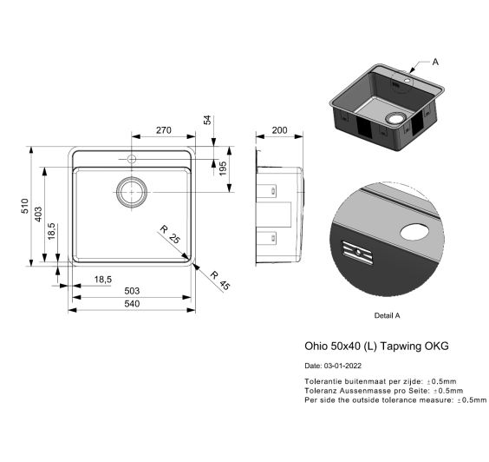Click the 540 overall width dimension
pyautogui.click(x=132, y=304)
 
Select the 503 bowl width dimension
pyautogui.click(x=132, y=291)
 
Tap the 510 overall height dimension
pyautogui.click(x=24, y=206)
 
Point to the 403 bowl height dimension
pyautogui.click(x=38, y=214)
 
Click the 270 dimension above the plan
pyautogui.click(x=163, y=130)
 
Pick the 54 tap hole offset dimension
pyautogui.click(x=207, y=120)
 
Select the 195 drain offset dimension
pyautogui.click(x=223, y=168)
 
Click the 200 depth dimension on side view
pyautogui.click(x=279, y=130)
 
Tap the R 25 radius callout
pyautogui.click(x=170, y=234)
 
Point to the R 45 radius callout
pyautogui.click(x=220, y=280)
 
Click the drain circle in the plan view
pyautogui.click(x=132, y=192)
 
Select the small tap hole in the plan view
pyautogui.click(x=132, y=159)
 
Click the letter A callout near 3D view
pyautogui.click(x=435, y=62)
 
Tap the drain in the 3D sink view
pyautogui.click(x=395, y=118)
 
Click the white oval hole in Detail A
pyautogui.click(x=414, y=232)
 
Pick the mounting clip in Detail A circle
pyautogui.click(x=357, y=253)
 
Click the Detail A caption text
pyautogui.click(x=387, y=315)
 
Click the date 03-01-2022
pyautogui.click(x=342, y=366)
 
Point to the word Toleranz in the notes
pyautogui.click(x=321, y=391)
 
